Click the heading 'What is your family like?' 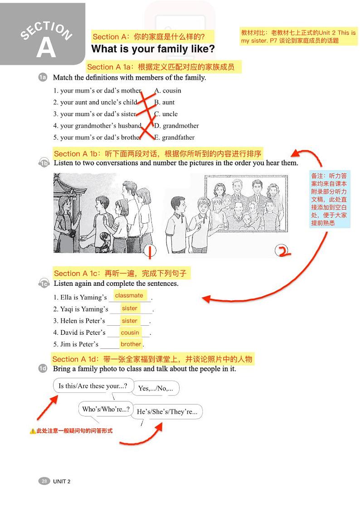(153, 49)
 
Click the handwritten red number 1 (151, 250)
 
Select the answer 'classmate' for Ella (129, 295)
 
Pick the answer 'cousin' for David (130, 333)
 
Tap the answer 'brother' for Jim (131, 344)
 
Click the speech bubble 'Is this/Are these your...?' (93, 386)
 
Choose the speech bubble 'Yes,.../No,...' (155, 388)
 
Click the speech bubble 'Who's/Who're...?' (106, 409)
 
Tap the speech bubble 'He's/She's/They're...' (167, 412)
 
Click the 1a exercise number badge (43, 78)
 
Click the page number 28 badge (44, 481)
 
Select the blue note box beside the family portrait (329, 199)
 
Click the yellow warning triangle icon (33, 431)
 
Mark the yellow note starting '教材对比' (298, 36)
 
